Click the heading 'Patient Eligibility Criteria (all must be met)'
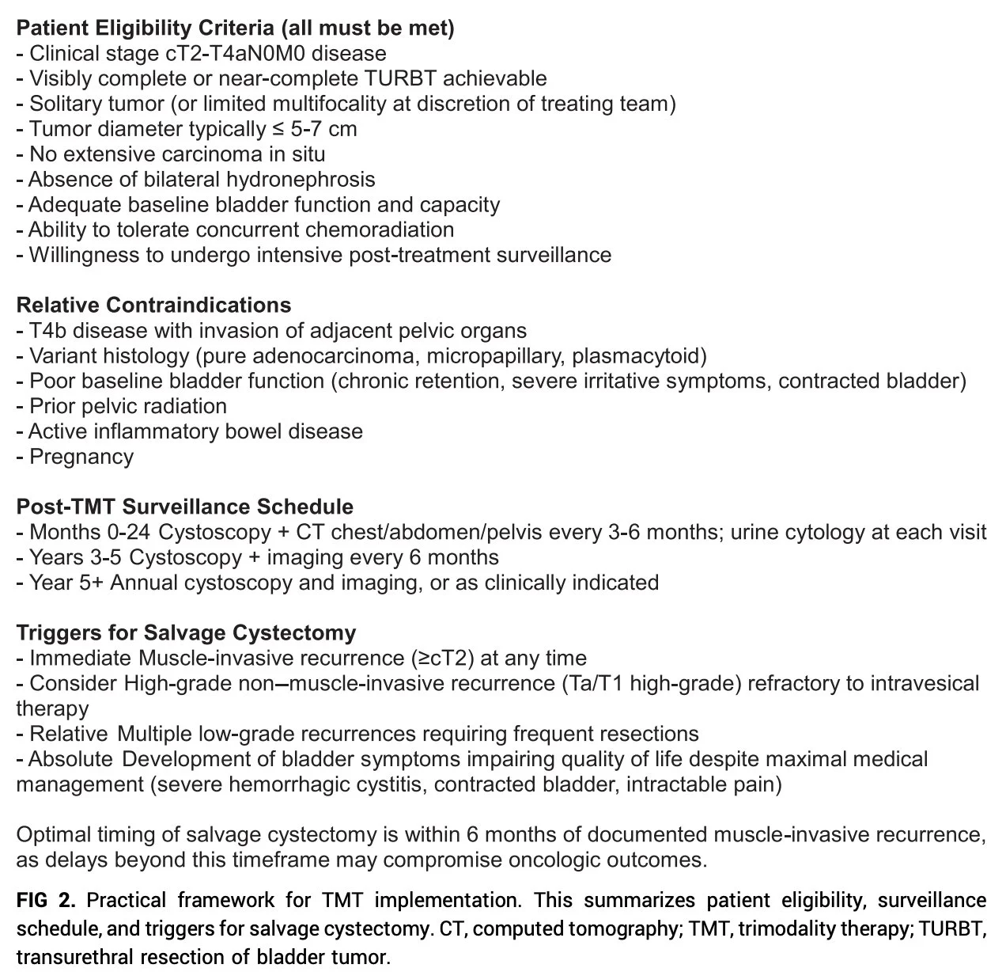(235, 28)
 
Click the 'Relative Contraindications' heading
(153, 306)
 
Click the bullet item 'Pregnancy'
(81, 457)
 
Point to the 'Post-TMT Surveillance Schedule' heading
(184, 507)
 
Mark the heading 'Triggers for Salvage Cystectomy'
(186, 633)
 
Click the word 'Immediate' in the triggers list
(80, 659)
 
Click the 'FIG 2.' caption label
(47, 901)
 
